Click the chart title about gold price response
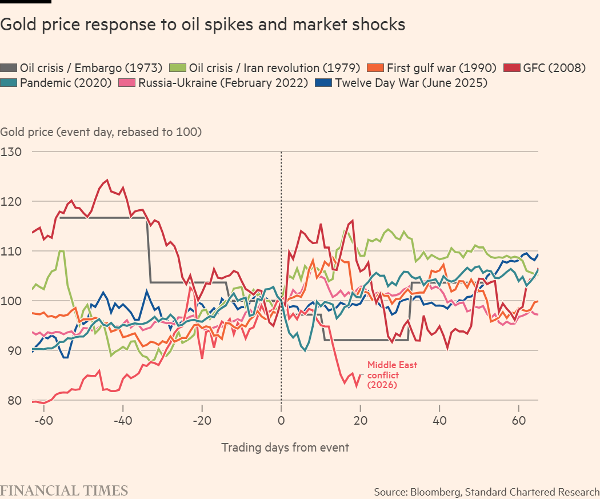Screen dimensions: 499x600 (203, 25)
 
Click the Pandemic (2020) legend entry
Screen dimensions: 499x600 (64, 83)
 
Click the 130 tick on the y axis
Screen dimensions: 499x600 (10, 152)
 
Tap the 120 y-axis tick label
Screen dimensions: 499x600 (10, 202)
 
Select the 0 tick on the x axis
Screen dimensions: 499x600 (281, 422)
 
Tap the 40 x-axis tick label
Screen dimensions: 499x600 (439, 422)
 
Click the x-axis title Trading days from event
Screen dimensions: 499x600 (285, 448)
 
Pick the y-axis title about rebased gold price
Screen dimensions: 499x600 (101, 132)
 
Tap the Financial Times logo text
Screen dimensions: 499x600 (64, 490)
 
